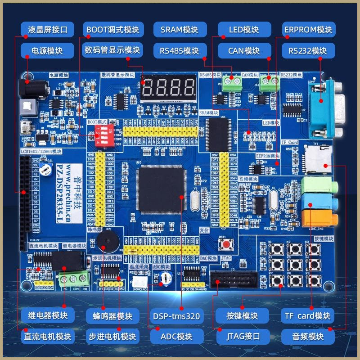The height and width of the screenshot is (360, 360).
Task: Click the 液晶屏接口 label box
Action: pos(47,30)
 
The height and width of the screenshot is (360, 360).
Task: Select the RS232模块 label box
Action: pos(309,50)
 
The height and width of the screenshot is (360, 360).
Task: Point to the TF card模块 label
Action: pos(308,315)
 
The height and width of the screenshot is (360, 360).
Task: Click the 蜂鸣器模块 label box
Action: pos(113,315)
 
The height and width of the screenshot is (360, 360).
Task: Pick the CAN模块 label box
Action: pos(244,50)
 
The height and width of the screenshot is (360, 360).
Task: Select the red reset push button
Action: pos(224,244)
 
